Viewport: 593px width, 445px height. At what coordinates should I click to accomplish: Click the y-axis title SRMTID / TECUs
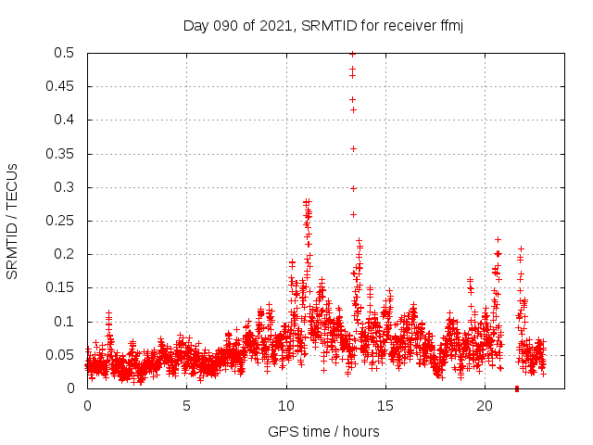pos(13,221)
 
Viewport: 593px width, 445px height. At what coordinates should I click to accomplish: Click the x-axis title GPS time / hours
pos(323,431)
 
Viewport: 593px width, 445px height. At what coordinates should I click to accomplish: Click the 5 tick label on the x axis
pos(186,406)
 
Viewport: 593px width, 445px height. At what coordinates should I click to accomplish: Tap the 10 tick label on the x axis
pos(286,406)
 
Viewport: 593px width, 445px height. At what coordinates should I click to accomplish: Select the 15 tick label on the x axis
pos(385,406)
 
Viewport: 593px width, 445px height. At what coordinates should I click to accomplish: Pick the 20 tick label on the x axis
pos(485,406)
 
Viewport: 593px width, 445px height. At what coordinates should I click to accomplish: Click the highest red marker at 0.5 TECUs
pos(352,54)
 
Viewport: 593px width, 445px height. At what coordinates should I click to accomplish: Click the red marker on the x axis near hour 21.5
pos(516,388)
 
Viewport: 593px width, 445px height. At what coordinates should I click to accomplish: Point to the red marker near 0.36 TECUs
pos(352,148)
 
